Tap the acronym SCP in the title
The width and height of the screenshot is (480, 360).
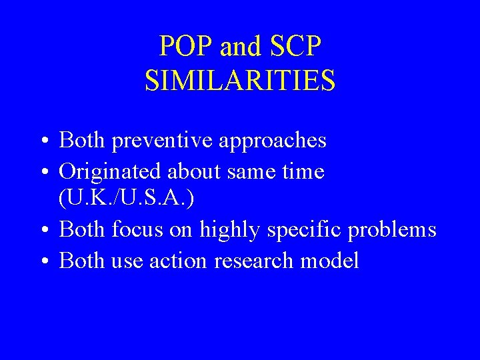[x=296, y=47]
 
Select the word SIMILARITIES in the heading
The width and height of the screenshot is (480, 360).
[x=240, y=81]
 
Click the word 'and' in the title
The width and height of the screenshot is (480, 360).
[x=241, y=47]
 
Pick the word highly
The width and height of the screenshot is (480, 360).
[x=230, y=230]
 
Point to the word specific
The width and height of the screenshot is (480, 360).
[x=303, y=230]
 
